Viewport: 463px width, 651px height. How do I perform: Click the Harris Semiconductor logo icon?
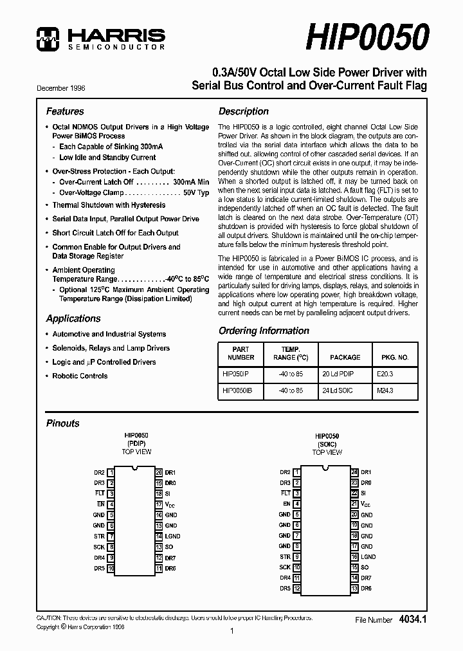pos(49,39)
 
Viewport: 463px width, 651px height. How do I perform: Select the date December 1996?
pos(60,87)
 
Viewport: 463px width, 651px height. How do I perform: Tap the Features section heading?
pos(65,111)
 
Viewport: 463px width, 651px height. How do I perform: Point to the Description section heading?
pos(244,111)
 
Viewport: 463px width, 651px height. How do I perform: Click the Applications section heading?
pos(73,318)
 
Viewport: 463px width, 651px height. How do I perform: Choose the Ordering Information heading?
pos(264,331)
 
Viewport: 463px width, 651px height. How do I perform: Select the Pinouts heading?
pos(63,423)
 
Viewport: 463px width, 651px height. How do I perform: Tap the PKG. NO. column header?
pos(395,356)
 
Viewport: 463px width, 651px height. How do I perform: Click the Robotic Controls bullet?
pos(80,376)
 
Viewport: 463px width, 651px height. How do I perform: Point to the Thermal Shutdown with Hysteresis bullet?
pos(109,205)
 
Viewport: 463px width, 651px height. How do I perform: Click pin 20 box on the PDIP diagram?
pos(159,472)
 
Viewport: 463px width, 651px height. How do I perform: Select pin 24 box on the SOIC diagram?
pos(354,472)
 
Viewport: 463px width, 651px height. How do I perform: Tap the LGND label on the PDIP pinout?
pos(172,536)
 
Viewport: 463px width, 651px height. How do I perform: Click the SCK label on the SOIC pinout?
pos(285,567)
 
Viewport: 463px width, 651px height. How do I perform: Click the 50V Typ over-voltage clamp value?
pos(196,192)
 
